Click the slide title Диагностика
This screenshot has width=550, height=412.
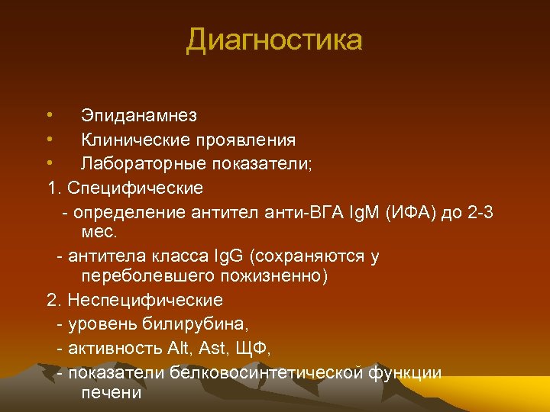[x=274, y=40]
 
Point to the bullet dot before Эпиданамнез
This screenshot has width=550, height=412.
[x=49, y=115]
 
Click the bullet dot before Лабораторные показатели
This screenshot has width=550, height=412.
[x=49, y=163]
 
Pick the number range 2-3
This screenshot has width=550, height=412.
[x=479, y=211]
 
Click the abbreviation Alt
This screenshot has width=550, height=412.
[x=178, y=348]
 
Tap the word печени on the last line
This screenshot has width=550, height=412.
[x=111, y=393]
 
